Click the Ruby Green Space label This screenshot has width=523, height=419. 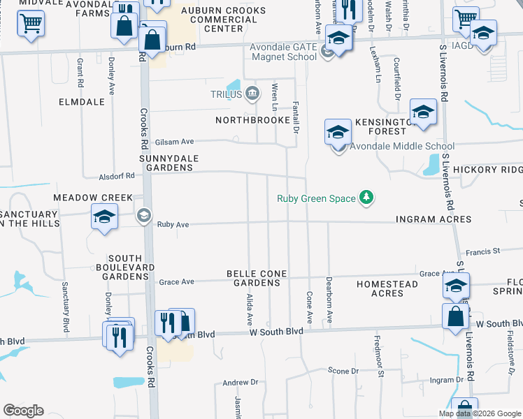pyautogui.click(x=316, y=198)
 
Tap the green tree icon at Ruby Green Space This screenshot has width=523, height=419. pyautogui.click(x=366, y=198)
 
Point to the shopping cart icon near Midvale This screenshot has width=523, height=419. pyautogui.click(x=30, y=25)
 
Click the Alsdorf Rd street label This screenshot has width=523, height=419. pyautogui.click(x=117, y=175)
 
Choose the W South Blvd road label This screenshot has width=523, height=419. pyautogui.click(x=275, y=334)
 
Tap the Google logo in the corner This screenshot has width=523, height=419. pyautogui.click(x=23, y=410)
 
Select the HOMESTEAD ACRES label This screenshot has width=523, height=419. pyautogui.click(x=387, y=288)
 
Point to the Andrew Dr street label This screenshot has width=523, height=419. pyautogui.click(x=241, y=383)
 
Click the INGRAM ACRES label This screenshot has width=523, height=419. pyautogui.click(x=434, y=219)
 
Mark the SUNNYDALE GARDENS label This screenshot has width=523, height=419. pyautogui.click(x=166, y=163)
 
